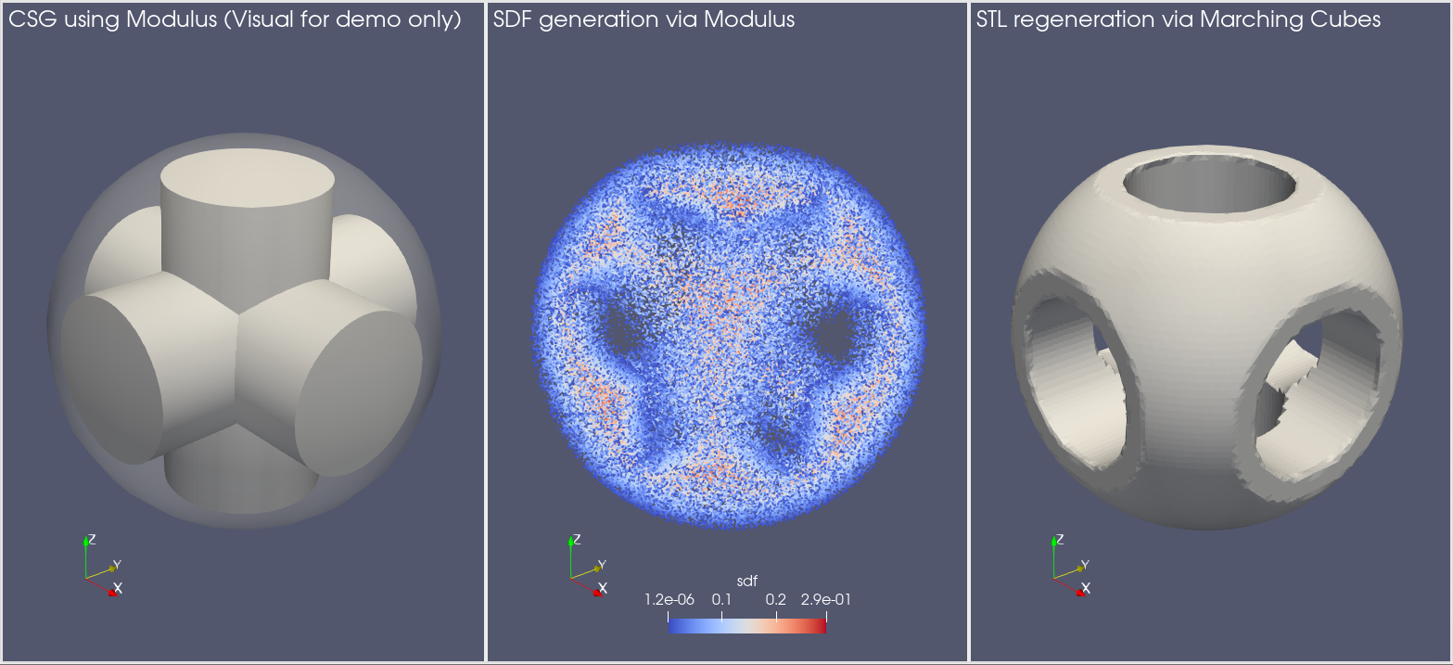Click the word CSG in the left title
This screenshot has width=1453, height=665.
31,19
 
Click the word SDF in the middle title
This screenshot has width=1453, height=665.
513,19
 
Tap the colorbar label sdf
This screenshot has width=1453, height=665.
746,582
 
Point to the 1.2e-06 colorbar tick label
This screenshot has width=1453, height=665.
669,600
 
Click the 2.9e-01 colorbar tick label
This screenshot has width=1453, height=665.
825,600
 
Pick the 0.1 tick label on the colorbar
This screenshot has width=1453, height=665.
721,600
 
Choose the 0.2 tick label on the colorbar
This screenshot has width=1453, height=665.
775,600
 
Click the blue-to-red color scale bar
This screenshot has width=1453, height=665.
746,626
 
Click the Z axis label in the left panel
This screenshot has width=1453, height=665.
91,539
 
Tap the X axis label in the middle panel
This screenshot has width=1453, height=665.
603,588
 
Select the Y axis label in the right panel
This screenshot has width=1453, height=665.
1085,565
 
